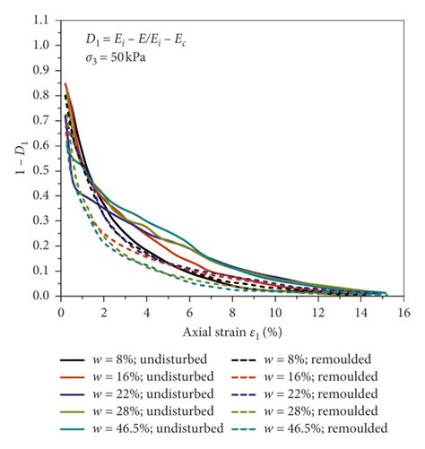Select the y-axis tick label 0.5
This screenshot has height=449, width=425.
coord(41,170)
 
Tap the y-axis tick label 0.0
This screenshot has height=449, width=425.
coord(41,296)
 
